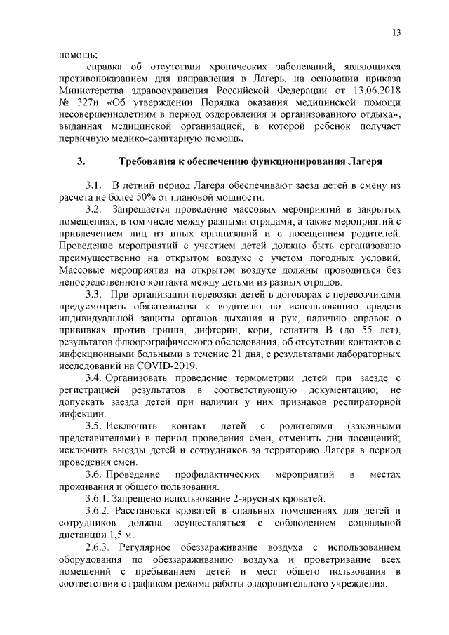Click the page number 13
click(x=396, y=33)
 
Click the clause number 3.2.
click(x=94, y=210)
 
